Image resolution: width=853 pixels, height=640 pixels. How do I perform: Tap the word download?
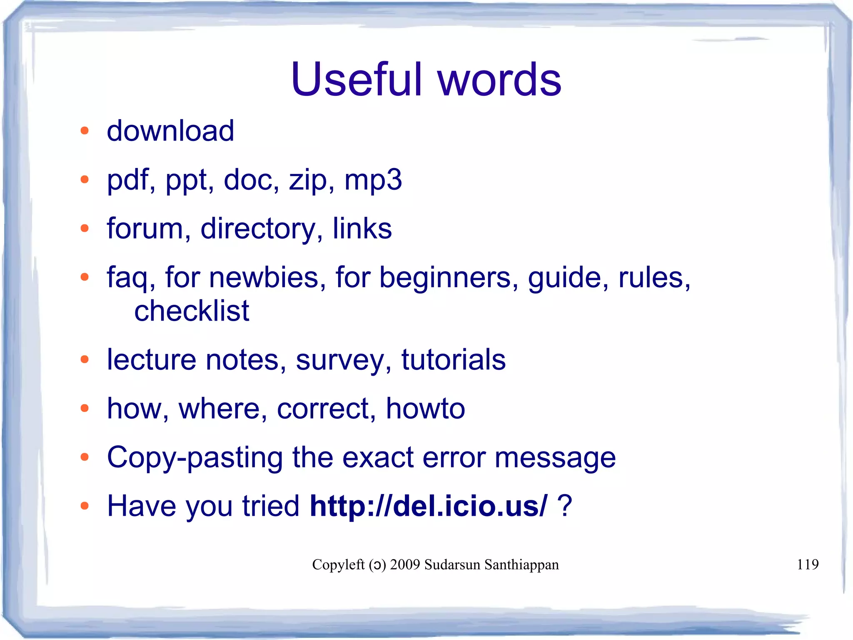170,131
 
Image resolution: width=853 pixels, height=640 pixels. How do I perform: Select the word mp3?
373,180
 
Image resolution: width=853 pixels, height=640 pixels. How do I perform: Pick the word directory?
258,229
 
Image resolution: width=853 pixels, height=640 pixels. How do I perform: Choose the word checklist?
192,311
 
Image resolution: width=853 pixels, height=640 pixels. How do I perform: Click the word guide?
565,278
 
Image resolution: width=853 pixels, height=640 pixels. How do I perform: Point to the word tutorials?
453,359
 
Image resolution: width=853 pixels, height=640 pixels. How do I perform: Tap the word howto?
425,408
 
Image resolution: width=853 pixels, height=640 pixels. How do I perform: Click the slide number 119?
808,565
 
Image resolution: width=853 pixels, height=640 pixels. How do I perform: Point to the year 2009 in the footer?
405,565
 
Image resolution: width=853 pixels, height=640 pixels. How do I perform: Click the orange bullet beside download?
85,131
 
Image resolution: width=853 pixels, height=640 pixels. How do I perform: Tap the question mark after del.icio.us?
564,506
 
